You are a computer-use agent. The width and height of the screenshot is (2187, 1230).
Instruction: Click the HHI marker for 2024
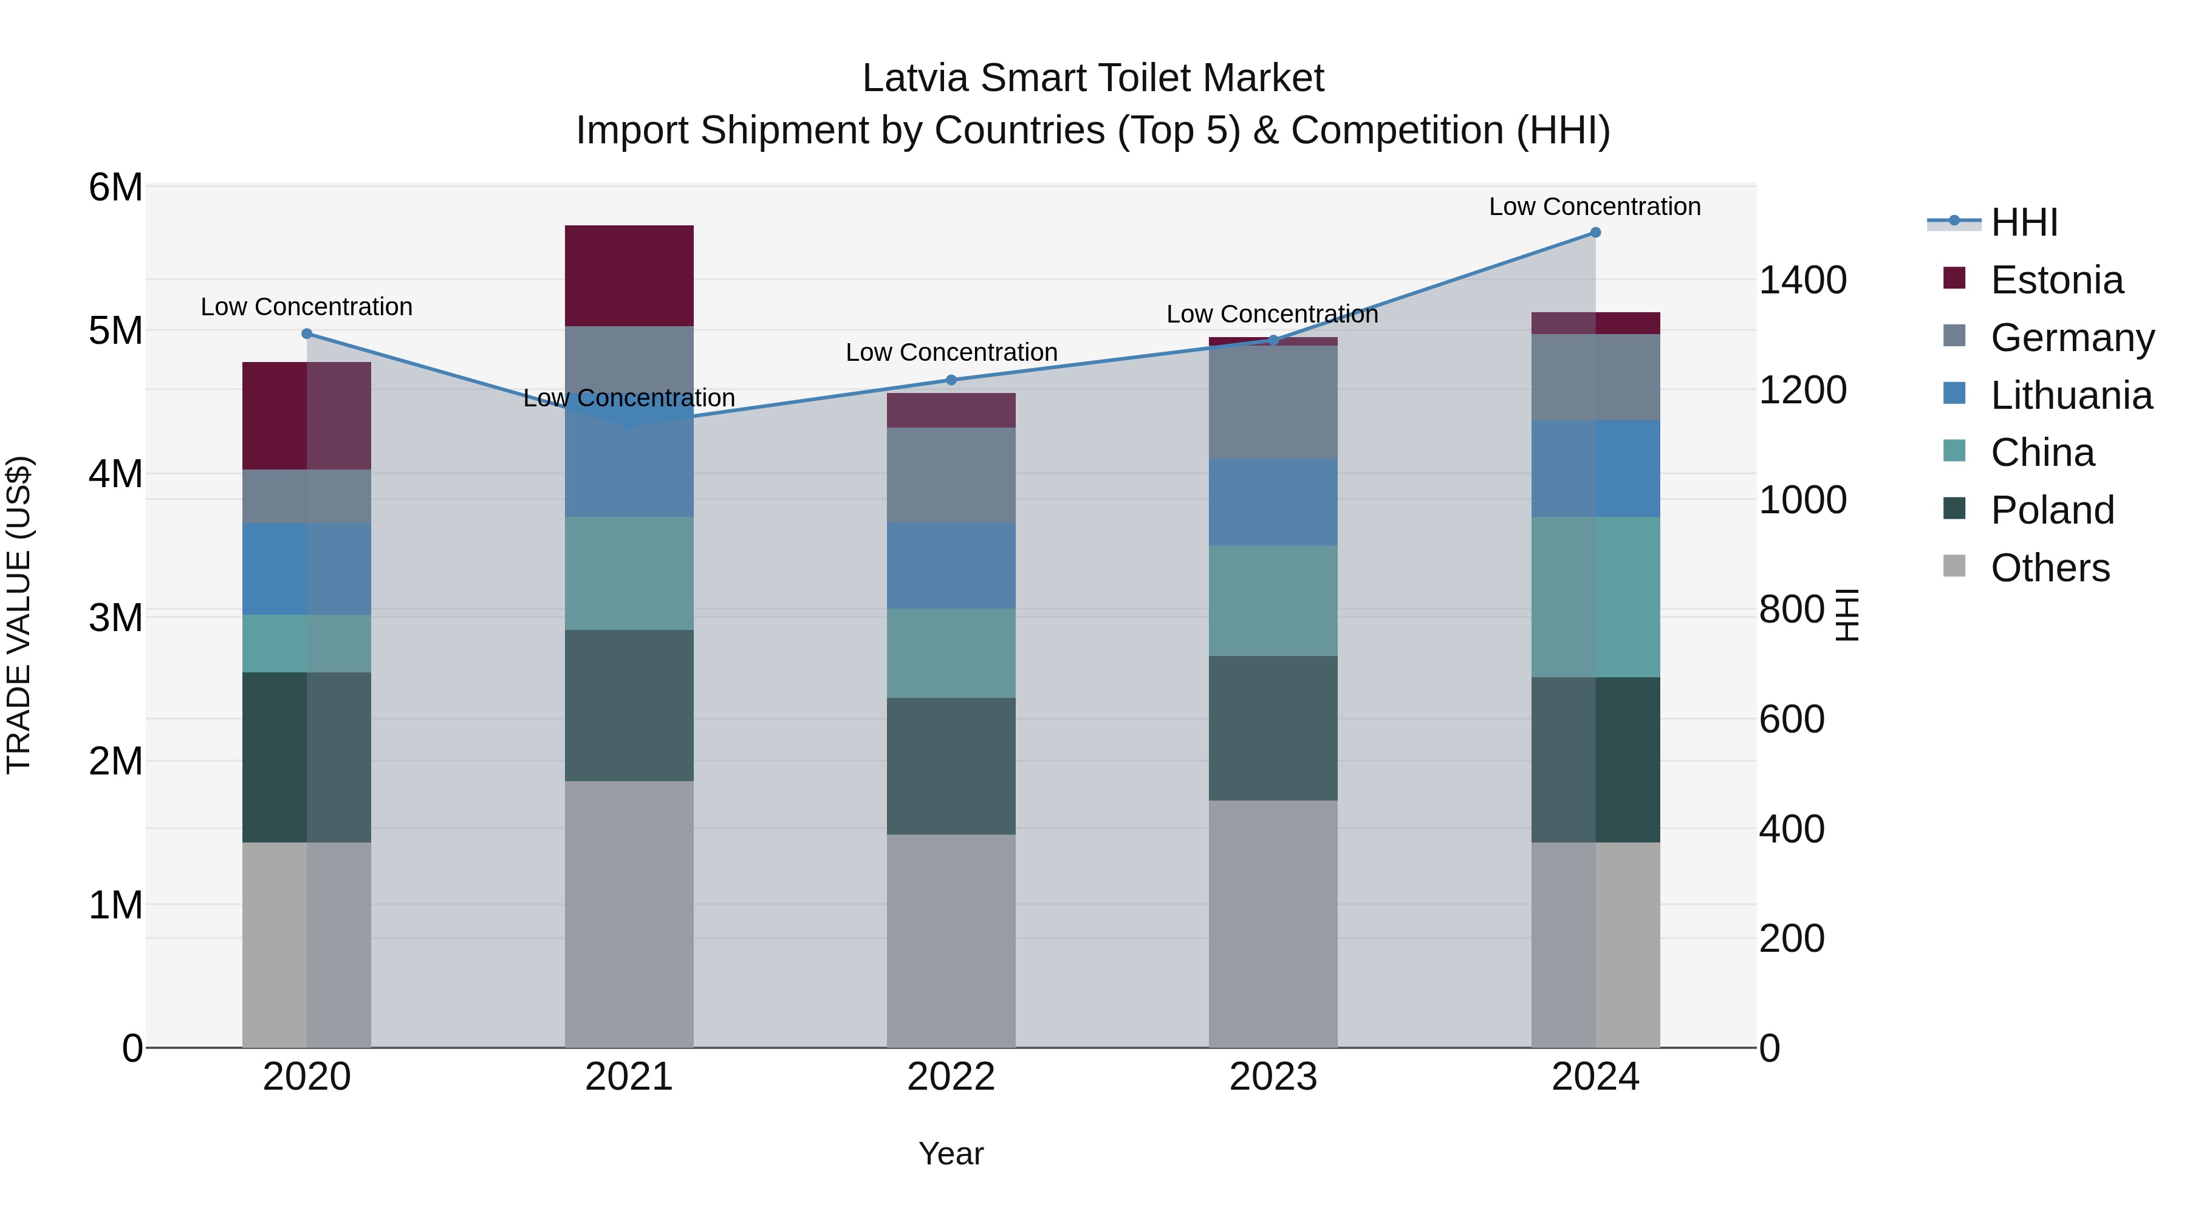[x=1595, y=233]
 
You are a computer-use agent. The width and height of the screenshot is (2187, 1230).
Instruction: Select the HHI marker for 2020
[x=307, y=333]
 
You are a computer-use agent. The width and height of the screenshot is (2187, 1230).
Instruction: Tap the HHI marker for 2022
[x=951, y=380]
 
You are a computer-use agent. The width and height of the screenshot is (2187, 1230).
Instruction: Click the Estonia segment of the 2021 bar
[x=629, y=276]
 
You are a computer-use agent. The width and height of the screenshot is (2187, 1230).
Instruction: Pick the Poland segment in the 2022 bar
[x=951, y=766]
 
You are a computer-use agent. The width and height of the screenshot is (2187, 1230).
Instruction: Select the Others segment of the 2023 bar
[x=1273, y=923]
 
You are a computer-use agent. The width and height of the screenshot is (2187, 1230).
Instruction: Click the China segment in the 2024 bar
[x=1595, y=596]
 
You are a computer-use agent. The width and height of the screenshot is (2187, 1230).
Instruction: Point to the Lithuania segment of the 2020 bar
[x=307, y=569]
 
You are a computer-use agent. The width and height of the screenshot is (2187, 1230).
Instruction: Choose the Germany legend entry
[x=2072, y=338]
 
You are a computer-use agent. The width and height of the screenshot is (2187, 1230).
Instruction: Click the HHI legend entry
[x=2024, y=222]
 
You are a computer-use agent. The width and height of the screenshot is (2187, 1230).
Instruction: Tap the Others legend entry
[x=2050, y=568]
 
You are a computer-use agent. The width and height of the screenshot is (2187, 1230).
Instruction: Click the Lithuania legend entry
[x=2071, y=395]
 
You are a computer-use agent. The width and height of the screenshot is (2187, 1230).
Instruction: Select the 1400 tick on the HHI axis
[x=1802, y=280]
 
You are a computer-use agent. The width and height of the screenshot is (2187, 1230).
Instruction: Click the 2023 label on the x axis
[x=1273, y=1077]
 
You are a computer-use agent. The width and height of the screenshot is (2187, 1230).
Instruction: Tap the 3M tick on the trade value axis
[x=115, y=618]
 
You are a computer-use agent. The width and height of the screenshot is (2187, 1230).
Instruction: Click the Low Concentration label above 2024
[x=1595, y=207]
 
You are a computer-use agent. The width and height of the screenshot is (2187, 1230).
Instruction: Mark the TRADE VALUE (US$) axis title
[x=19, y=615]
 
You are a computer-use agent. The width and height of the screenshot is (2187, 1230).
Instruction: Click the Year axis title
[x=951, y=1153]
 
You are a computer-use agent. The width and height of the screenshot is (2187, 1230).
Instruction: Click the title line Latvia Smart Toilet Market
[x=1093, y=78]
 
